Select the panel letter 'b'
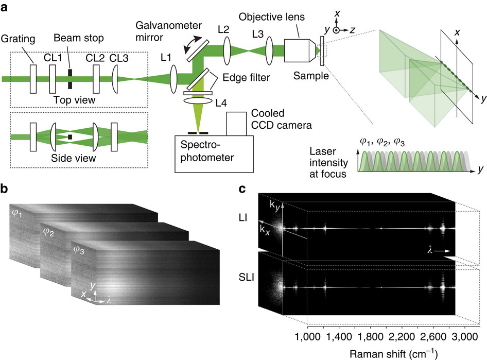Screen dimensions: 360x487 5,188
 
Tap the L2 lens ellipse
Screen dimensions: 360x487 227,53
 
